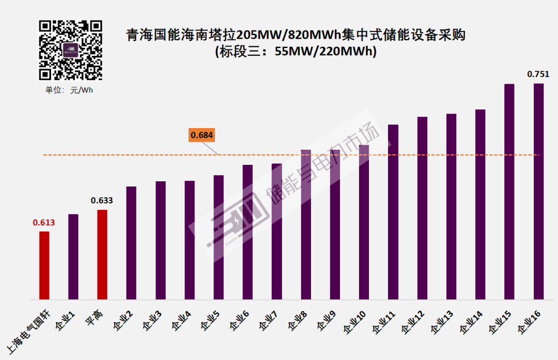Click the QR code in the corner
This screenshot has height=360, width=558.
click(71, 50)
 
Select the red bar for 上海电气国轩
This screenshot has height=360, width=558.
click(44, 265)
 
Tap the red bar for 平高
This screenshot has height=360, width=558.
click(102, 255)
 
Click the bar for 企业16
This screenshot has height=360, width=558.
click(538, 191)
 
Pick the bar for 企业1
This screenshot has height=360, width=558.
click(73, 257)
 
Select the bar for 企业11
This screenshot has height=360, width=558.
click(393, 212)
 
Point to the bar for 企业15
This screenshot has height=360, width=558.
click(509, 191)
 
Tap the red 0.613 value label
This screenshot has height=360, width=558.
click(44, 223)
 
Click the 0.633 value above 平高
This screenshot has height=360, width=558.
click(102, 201)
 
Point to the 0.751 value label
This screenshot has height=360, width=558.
click(538, 74)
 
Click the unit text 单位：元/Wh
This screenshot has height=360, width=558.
click(69, 90)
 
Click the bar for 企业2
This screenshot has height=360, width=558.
click(131, 243)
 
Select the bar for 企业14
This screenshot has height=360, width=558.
click(480, 204)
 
